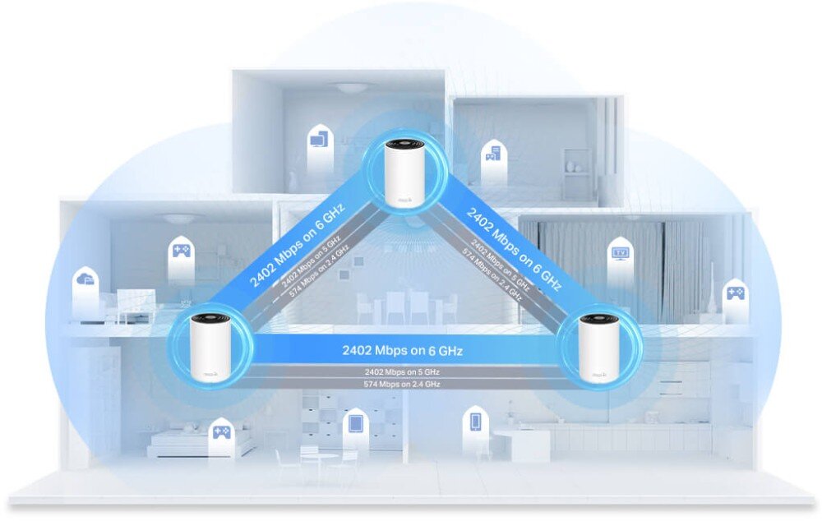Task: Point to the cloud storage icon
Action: click(85, 282)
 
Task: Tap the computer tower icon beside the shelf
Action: click(492, 154)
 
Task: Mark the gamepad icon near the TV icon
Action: click(733, 292)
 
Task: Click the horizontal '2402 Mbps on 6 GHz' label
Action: click(402, 351)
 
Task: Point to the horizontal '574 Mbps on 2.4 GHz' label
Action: click(402, 384)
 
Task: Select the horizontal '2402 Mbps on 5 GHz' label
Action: click(402, 371)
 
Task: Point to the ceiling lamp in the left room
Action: click(180, 219)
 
